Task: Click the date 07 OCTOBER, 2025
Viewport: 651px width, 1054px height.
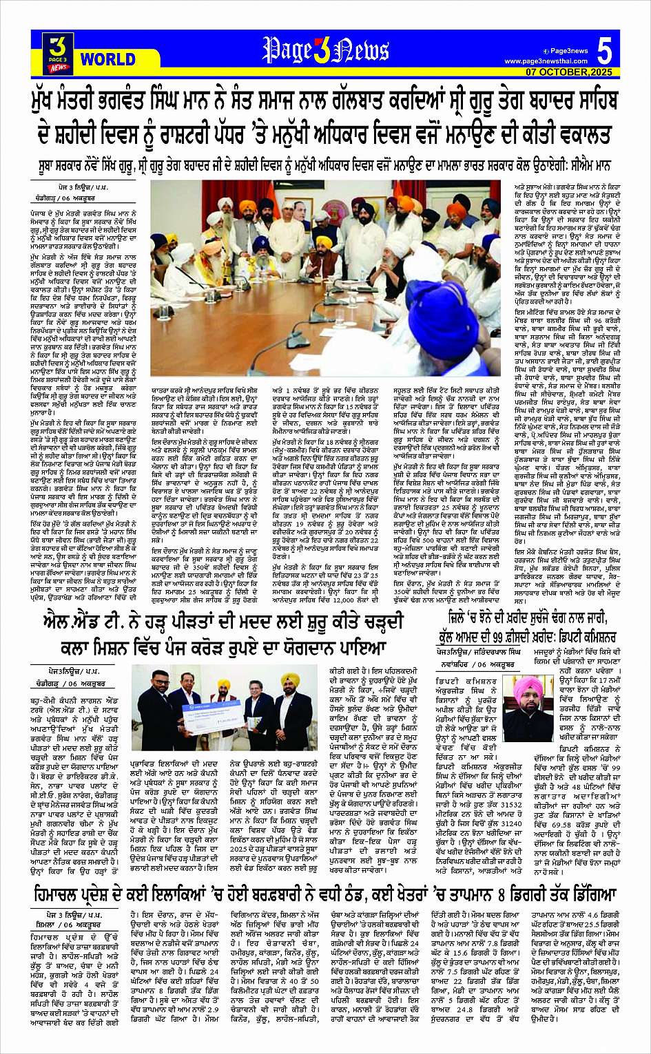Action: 569,72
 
